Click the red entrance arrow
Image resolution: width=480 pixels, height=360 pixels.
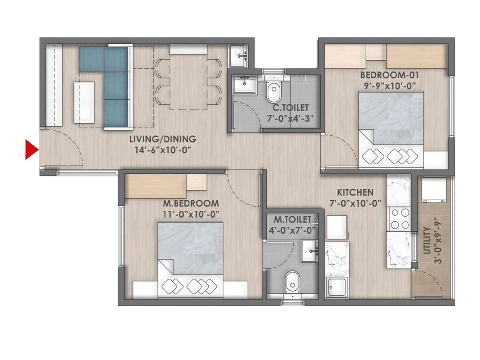31,149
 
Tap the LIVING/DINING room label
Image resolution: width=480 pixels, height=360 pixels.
163,139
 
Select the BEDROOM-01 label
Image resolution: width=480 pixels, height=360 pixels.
389,75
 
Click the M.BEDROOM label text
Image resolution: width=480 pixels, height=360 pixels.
191,203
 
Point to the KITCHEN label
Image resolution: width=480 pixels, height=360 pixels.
355,192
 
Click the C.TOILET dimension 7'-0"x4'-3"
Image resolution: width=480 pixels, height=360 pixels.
290,118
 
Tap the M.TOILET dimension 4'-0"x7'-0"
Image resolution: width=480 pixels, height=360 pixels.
292,230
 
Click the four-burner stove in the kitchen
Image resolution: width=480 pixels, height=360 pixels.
400,219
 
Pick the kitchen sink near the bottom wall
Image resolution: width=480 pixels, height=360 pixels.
337,287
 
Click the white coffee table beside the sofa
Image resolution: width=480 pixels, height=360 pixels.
84,102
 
